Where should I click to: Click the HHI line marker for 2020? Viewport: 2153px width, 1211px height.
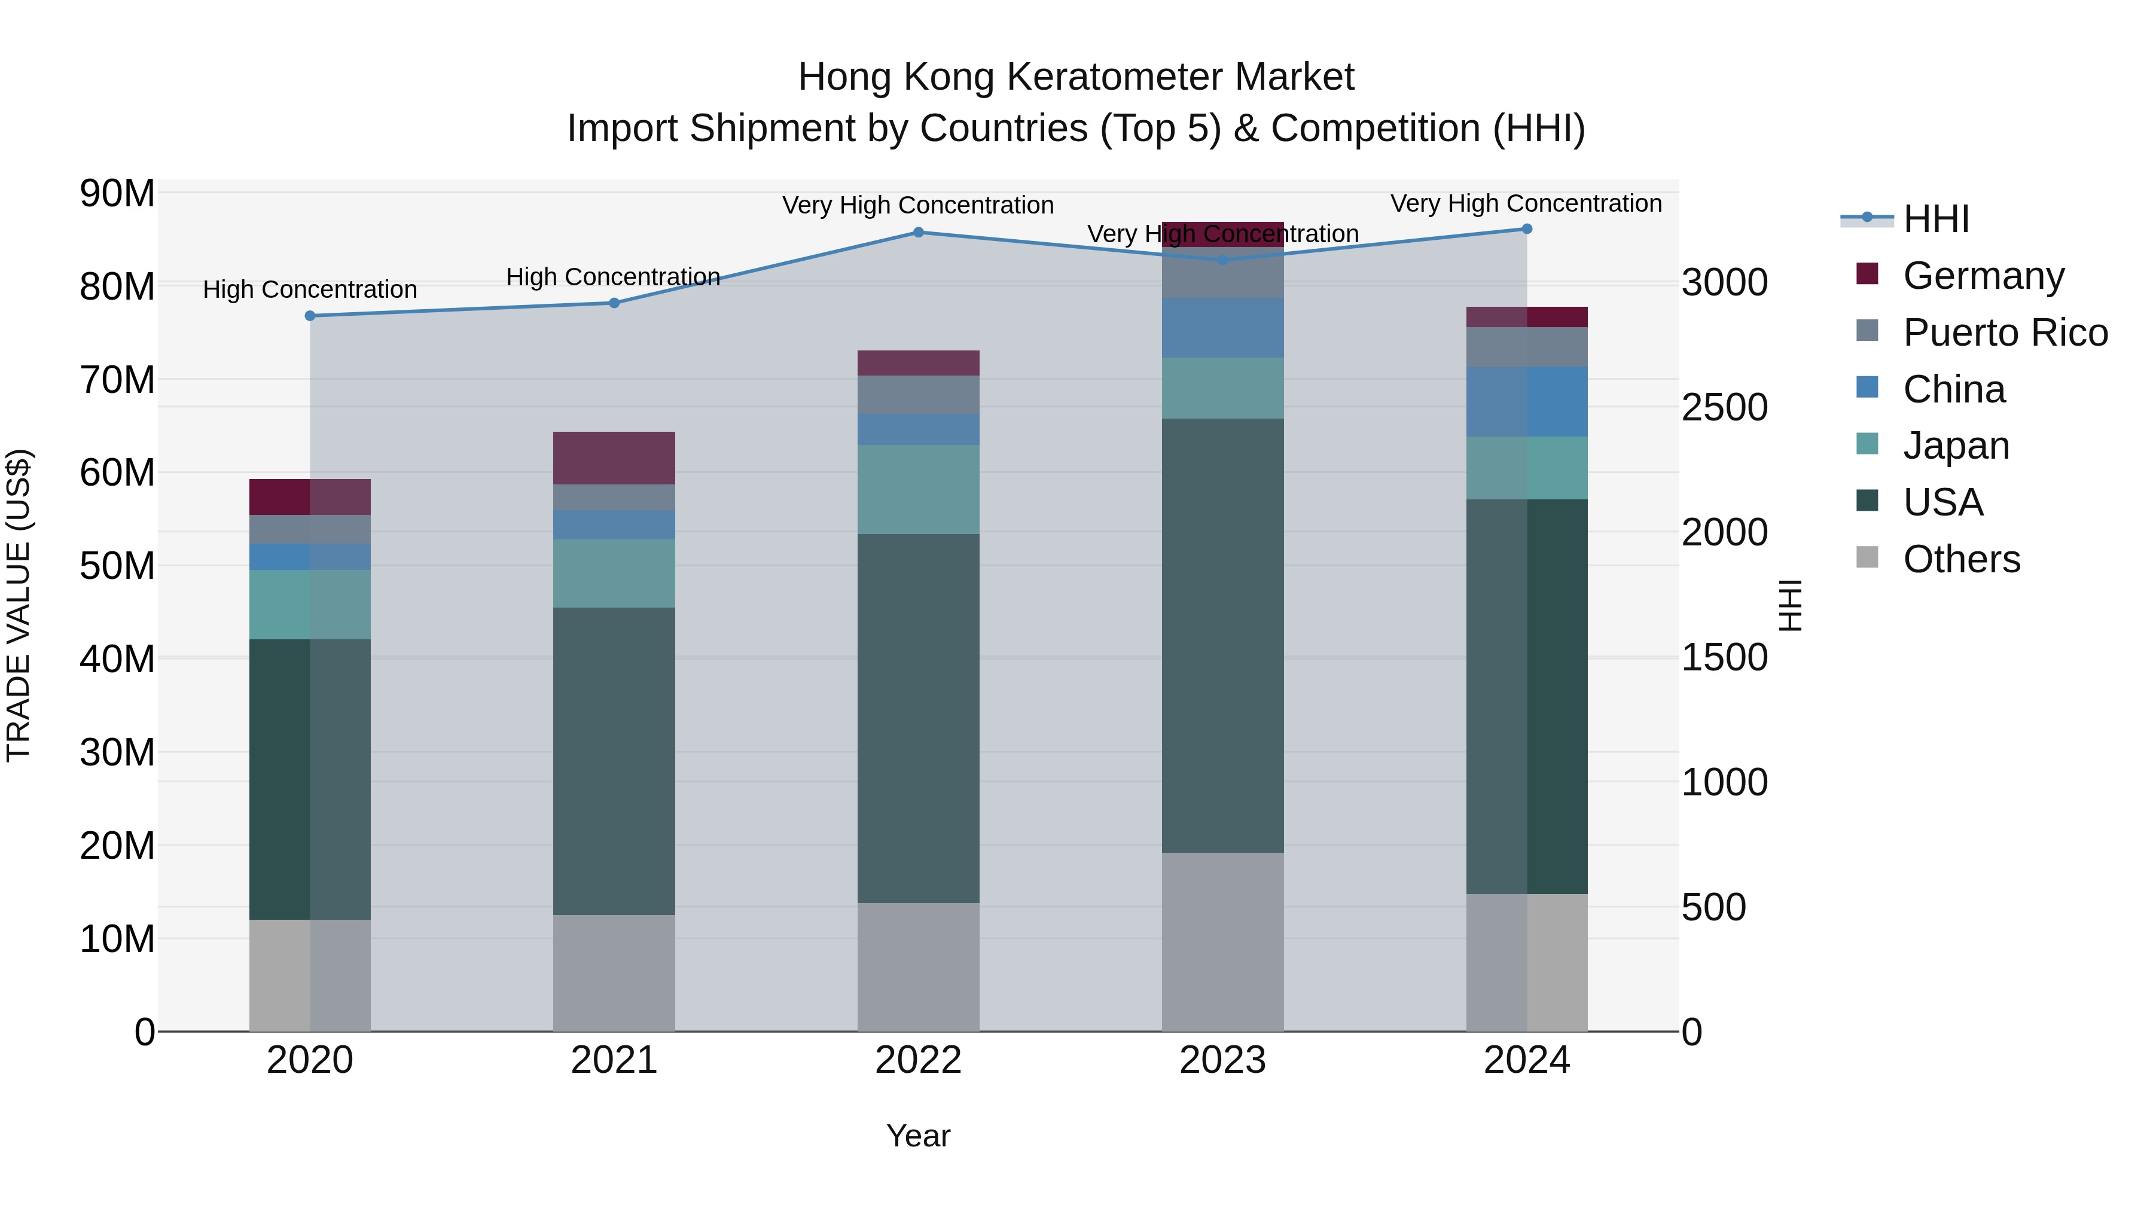click(310, 316)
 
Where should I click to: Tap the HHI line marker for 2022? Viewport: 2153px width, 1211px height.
click(919, 233)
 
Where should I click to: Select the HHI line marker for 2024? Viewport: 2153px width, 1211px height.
click(1527, 229)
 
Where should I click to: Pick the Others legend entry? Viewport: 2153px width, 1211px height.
click(1961, 559)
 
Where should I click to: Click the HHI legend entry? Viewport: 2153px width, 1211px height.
click(1936, 219)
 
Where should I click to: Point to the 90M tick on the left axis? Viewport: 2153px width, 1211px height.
click(117, 194)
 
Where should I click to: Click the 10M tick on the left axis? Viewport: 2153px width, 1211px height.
click(117, 939)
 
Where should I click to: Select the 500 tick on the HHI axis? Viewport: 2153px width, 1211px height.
click(1713, 908)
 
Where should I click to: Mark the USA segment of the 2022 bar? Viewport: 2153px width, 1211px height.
click(919, 719)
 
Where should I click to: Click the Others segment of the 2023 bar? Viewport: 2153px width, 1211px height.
click(1223, 942)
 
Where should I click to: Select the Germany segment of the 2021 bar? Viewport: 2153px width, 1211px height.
click(614, 458)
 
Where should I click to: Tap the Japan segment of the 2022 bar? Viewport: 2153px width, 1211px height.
click(919, 490)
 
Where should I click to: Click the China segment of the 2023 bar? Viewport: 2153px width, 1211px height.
click(1223, 328)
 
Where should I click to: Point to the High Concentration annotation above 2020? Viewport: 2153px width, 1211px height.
click(310, 290)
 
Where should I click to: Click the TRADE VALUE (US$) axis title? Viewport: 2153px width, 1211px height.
click(19, 606)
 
